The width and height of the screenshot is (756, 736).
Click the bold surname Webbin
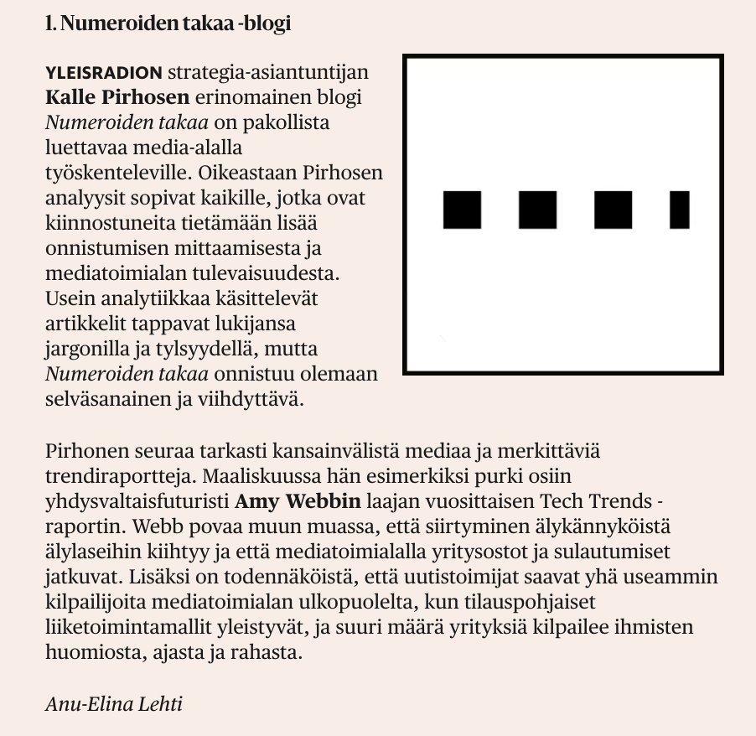(322, 503)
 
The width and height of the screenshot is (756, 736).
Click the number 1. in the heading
(50, 23)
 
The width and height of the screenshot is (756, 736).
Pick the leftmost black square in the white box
(462, 210)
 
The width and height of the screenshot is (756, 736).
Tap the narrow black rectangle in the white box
(680, 210)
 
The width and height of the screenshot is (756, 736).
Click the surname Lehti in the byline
(160, 702)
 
